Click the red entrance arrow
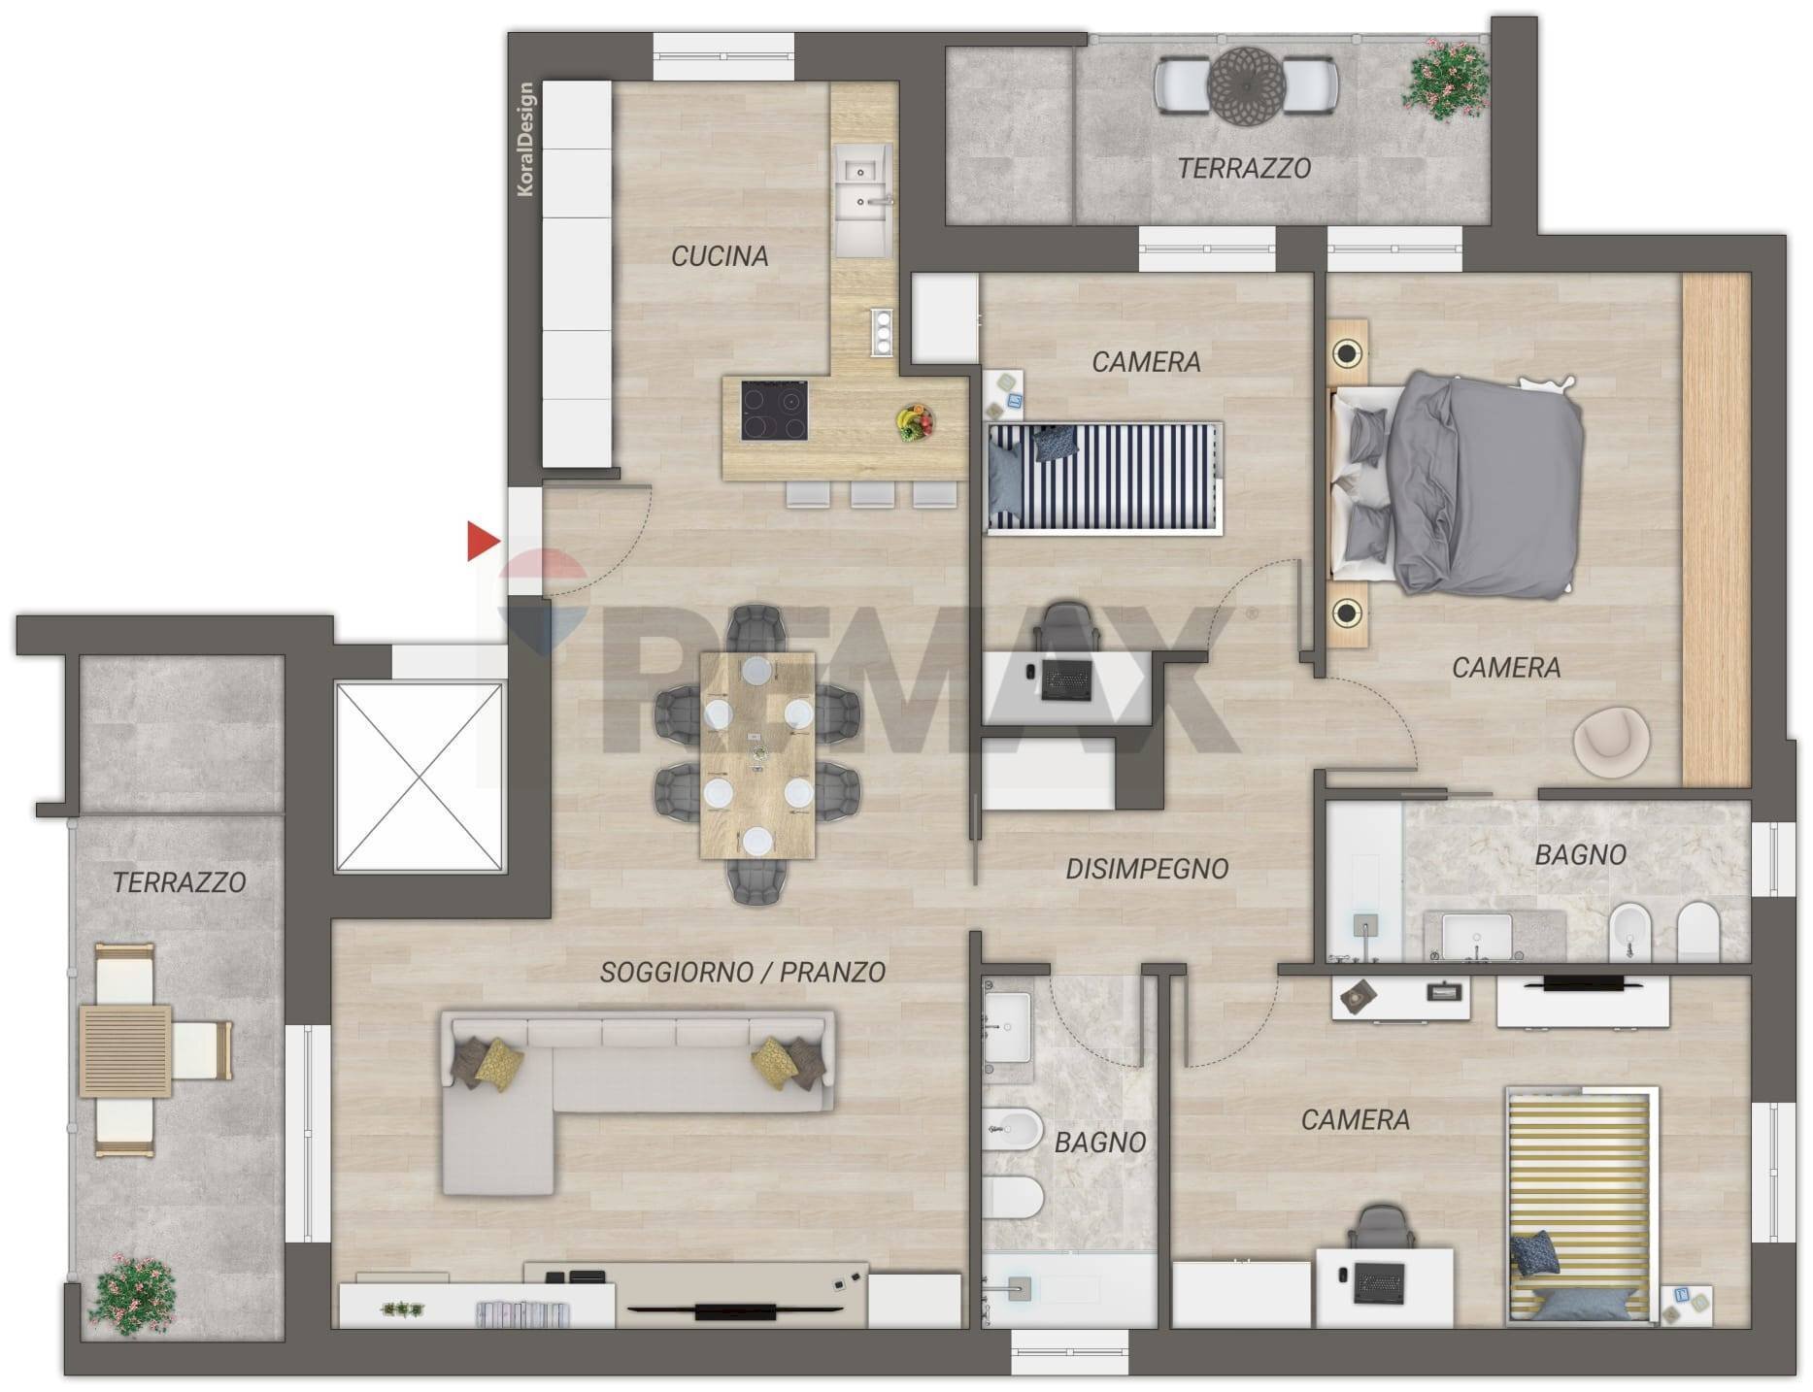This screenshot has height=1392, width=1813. click(x=482, y=541)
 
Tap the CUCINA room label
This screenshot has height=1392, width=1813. click(x=720, y=256)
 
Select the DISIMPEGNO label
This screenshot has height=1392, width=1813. click(x=1147, y=869)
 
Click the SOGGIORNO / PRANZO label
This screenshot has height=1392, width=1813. click(x=742, y=972)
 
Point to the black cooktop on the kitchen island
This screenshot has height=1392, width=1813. click(x=775, y=411)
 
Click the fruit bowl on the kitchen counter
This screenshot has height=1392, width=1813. click(x=915, y=422)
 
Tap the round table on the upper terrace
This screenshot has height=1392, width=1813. click(x=1246, y=84)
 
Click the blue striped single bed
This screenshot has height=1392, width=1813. click(x=1103, y=478)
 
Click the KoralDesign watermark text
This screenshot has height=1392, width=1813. click(x=525, y=140)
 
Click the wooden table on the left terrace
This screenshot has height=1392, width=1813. click(x=125, y=1051)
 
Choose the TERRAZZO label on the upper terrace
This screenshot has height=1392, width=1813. click(x=1244, y=169)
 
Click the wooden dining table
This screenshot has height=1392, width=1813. click(x=757, y=754)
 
